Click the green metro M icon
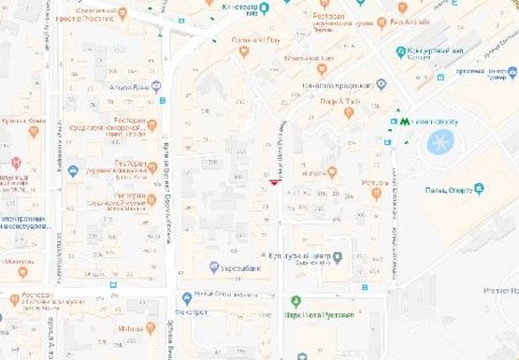pos(404,120)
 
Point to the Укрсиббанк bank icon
pos(214,268)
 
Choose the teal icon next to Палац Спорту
pos(479,189)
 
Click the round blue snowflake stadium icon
pos(439,142)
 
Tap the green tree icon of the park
pos(296,301)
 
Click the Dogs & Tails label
pos(341,100)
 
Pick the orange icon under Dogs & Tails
pos(349,112)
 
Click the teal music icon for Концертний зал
pos(402,52)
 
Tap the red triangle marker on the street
pos(273,183)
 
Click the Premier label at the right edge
pos(499,292)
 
